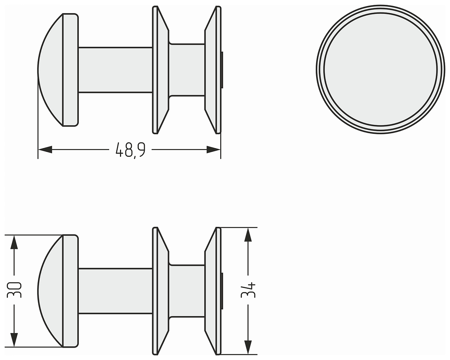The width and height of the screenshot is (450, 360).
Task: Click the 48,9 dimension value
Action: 130,150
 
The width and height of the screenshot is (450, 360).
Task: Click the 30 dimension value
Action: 14,290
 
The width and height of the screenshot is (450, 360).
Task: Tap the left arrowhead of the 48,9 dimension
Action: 45,150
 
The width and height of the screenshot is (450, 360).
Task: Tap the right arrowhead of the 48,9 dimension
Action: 213,150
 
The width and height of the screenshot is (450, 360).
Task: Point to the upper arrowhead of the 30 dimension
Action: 14,242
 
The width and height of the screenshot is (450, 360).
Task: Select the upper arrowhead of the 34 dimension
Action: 248,234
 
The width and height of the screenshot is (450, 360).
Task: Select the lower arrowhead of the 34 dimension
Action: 248,347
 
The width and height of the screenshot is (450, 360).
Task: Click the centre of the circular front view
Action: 380,69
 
